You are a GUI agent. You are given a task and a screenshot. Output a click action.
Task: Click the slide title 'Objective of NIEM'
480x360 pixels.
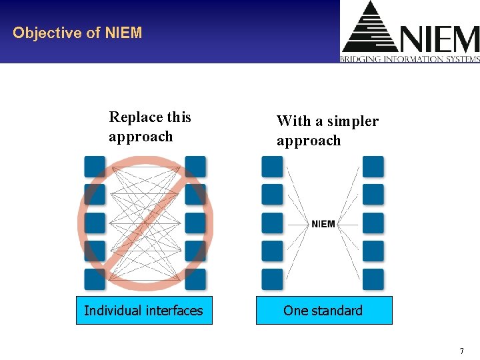click(x=77, y=33)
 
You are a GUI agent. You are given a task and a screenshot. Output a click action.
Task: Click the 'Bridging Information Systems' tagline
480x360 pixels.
click(x=410, y=59)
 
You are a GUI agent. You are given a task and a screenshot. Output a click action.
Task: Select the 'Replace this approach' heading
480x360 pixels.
click(x=150, y=127)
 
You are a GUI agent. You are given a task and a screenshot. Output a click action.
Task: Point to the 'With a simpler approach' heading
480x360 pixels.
click(x=327, y=131)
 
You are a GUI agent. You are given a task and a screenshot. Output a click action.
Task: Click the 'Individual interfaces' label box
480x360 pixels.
click(x=144, y=311)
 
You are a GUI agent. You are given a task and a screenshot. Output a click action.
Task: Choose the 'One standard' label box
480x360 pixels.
click(x=324, y=311)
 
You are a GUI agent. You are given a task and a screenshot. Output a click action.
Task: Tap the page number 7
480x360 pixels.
click(x=461, y=351)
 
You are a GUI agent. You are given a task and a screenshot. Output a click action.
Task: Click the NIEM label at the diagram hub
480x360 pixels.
click(x=323, y=224)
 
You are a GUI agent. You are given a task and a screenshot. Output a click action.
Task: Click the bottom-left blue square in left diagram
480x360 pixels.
click(x=95, y=279)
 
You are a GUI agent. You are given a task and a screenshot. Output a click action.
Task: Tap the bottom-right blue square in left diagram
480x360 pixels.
click(x=195, y=279)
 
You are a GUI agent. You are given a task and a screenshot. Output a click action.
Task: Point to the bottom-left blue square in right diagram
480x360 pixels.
click(x=272, y=279)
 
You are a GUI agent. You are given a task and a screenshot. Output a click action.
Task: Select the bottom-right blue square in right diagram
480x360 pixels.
click(x=373, y=279)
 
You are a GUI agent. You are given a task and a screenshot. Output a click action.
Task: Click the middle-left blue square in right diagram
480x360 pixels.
click(x=272, y=223)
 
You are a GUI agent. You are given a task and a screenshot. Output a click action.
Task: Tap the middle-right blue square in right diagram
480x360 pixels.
click(x=373, y=223)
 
